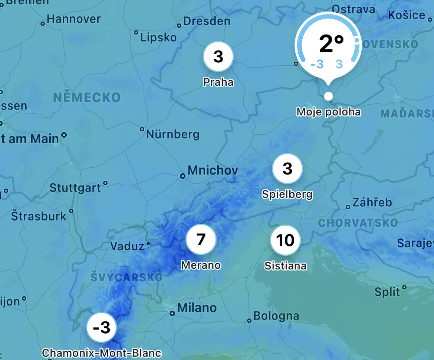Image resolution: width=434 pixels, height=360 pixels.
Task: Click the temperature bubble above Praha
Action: click(x=218, y=56)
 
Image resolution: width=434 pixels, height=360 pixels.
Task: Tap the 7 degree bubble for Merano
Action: click(x=201, y=240)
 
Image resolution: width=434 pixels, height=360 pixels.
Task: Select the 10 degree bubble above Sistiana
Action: click(x=285, y=240)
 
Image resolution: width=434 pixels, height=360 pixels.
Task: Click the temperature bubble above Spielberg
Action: click(x=287, y=169)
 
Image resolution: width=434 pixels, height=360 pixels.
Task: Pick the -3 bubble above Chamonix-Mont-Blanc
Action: click(x=101, y=328)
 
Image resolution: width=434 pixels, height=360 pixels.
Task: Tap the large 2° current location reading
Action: click(x=331, y=44)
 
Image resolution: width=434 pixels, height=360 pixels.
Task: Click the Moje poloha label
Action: click(x=329, y=111)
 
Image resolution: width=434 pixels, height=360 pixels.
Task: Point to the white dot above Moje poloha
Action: click(x=328, y=96)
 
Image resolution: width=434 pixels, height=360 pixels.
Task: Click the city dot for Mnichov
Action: click(x=183, y=176)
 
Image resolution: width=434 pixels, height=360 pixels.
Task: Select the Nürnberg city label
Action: click(x=173, y=134)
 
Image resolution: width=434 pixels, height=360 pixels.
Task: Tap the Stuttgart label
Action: click(x=75, y=188)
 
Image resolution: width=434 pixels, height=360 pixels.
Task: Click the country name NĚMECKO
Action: click(x=87, y=98)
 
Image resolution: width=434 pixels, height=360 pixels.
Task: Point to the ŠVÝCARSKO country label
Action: click(x=127, y=277)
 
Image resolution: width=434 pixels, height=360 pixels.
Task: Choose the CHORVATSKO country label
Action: click(x=358, y=223)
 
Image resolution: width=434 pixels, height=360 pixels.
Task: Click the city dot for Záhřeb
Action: click(x=348, y=207)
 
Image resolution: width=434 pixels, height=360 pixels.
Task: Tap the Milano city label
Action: click(x=197, y=308)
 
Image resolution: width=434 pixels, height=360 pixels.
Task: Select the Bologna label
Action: click(x=276, y=316)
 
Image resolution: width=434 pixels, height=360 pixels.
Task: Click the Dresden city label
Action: click(x=207, y=21)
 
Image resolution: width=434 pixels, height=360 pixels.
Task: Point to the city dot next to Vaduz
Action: click(x=148, y=244)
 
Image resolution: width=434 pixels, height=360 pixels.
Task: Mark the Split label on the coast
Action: click(x=387, y=292)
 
